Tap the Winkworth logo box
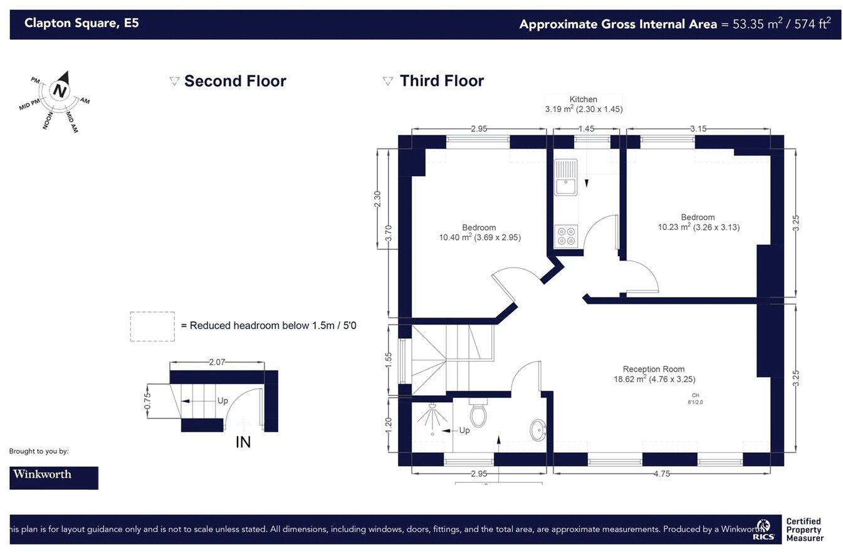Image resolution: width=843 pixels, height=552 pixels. [x=54, y=477]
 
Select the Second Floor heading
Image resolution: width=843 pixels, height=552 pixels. [x=234, y=81]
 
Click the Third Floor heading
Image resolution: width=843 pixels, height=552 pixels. [x=441, y=81]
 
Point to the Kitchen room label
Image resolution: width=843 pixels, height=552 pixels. [x=583, y=100]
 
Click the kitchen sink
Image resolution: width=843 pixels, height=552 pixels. [x=565, y=177]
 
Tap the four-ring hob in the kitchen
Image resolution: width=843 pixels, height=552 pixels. [x=566, y=236]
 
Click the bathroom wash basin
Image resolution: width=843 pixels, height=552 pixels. [x=538, y=430]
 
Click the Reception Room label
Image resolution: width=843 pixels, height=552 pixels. [x=654, y=370]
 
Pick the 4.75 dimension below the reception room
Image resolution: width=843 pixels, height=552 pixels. [x=661, y=474]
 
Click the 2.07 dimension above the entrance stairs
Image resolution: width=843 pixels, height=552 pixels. [x=217, y=362]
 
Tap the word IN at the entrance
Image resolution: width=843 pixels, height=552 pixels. [x=243, y=442]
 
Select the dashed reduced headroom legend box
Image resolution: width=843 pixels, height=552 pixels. [x=152, y=326]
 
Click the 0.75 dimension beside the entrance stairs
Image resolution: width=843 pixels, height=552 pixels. [x=147, y=401]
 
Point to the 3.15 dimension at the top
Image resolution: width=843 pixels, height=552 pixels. [x=698, y=129]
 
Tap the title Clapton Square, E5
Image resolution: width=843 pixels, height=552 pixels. [x=81, y=24]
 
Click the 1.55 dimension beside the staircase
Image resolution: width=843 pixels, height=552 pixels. [x=389, y=360]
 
